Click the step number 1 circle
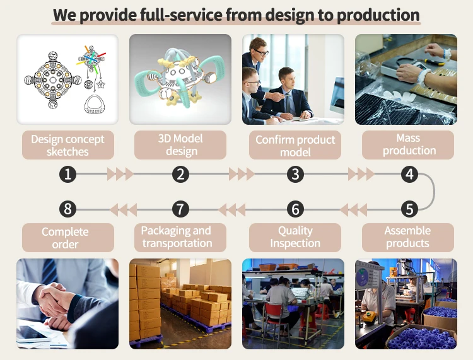coord(67,174)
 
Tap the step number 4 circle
coord(409,174)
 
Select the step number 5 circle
coord(409,209)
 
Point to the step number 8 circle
coord(67,209)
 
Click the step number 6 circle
coord(295,209)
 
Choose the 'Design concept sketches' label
coord(68,145)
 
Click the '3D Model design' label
coord(180,145)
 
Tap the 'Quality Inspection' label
coord(295,238)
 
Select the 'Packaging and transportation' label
coord(180,238)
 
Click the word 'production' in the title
coord(378,15)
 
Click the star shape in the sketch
coord(100,84)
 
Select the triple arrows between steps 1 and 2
coord(120,174)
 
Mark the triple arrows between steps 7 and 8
coord(123,209)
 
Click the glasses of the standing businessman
coord(261,52)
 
